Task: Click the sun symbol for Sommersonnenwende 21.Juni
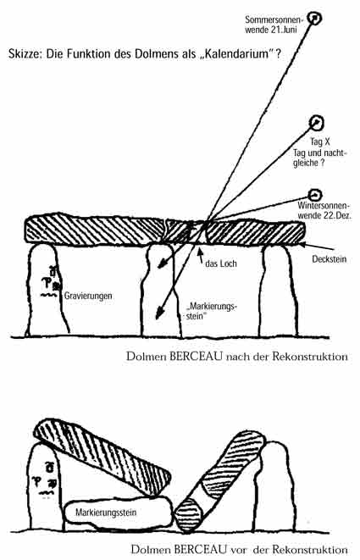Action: point(314,18)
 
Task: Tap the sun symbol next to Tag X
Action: point(317,123)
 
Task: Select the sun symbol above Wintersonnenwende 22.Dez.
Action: point(315,195)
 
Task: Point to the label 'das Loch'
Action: point(221,263)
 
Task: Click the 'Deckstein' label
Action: point(329,259)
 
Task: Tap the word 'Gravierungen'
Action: point(88,296)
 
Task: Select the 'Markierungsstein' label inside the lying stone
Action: point(106,513)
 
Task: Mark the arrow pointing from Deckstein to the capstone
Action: point(318,247)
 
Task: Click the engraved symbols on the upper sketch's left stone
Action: point(50,282)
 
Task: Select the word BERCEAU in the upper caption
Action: point(196,357)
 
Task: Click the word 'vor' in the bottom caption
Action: point(239,549)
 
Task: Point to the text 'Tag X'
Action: point(319,141)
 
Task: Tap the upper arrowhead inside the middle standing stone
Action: point(162,264)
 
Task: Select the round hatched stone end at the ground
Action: point(188,514)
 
